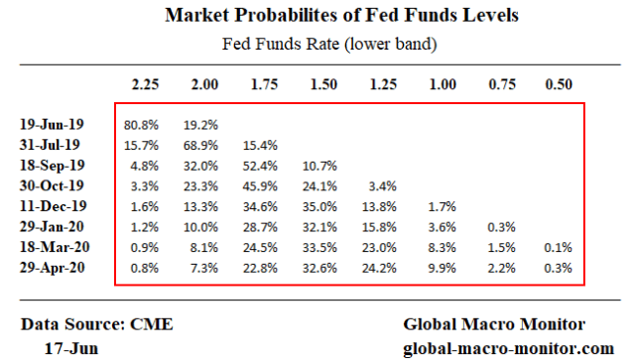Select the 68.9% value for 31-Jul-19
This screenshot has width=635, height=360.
[x=202, y=146]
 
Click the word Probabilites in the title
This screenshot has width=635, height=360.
[x=299, y=15]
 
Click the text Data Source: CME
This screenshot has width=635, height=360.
[x=83, y=323]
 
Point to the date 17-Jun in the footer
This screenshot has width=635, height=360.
[x=71, y=347]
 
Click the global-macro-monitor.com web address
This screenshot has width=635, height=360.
[x=509, y=347]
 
